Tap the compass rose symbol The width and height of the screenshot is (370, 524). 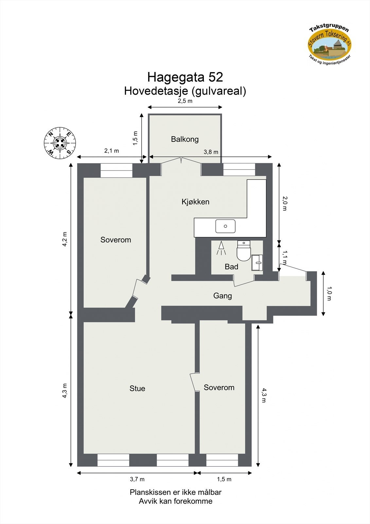60,143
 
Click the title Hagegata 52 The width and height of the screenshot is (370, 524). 185,77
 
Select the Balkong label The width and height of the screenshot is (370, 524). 185,139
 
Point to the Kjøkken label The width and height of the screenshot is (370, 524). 195,202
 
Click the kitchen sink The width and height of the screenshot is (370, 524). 225,226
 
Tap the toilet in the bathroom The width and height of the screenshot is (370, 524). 243,251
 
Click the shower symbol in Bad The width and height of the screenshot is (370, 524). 221,248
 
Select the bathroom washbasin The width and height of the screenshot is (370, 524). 257,262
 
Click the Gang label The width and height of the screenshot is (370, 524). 222,296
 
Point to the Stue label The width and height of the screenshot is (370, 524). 137,388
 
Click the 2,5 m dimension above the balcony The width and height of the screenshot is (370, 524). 185,101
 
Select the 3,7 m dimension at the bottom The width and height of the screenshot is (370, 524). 137,479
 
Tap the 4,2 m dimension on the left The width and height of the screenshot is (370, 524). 65,239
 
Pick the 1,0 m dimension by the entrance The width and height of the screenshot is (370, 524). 329,293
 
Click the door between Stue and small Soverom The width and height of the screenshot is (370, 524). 194,382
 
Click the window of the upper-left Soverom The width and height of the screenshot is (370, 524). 116,170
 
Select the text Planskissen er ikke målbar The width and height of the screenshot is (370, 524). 175,492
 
